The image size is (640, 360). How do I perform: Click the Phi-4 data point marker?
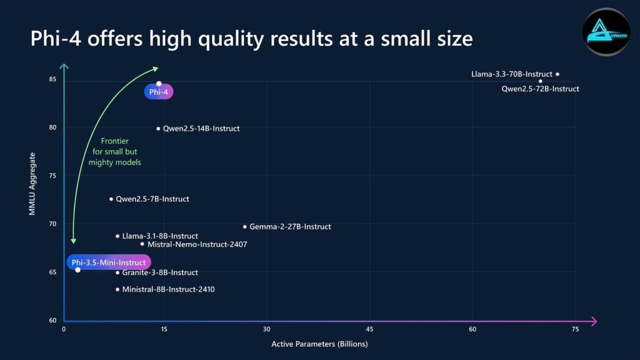tap(159, 84)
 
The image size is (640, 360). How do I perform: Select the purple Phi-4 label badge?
tap(159, 92)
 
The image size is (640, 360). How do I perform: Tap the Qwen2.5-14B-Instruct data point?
tap(158, 129)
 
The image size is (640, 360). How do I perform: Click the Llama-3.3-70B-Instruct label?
tap(511, 74)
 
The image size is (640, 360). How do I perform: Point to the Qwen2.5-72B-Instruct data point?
tap(541, 81)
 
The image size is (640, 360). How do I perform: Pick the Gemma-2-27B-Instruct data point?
tap(245, 226)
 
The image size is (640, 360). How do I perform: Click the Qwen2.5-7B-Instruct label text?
tap(152, 199)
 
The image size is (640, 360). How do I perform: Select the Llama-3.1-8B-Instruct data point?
tap(117, 236)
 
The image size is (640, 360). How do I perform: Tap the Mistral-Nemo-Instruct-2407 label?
tap(197, 244)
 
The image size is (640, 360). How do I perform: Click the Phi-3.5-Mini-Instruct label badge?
tap(109, 262)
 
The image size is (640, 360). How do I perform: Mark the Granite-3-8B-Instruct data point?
tap(117, 272)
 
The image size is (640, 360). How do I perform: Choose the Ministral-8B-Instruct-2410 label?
tap(168, 290)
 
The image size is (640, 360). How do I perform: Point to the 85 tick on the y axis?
tap(52, 79)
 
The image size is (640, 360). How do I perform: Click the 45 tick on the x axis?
tap(370, 329)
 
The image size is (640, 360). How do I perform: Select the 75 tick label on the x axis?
tap(575, 329)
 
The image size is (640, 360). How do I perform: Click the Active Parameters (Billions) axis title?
tap(319, 344)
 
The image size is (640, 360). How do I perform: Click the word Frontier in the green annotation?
tap(115, 141)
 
